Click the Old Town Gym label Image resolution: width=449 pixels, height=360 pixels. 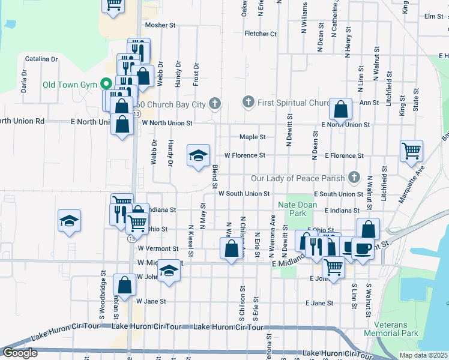coord(69,84)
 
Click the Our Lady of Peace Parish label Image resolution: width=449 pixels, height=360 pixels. coord(298,178)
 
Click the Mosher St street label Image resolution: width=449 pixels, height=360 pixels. coord(160,26)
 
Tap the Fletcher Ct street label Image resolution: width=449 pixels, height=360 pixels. coord(261,34)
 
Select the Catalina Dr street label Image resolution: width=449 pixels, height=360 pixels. coord(41,59)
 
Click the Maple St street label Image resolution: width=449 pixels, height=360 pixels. coord(253,137)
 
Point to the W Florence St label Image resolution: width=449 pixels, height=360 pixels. coord(245,155)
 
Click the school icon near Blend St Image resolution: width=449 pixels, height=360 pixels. coord(199,156)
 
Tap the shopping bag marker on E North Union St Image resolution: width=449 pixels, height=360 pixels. coord(340,109)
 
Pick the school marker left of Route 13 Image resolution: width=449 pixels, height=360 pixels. coord(70,221)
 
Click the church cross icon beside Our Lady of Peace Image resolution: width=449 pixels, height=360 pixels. coord(354,177)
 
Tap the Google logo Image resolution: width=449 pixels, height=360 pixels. coord(20,353)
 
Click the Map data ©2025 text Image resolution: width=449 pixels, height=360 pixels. coord(424,355)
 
